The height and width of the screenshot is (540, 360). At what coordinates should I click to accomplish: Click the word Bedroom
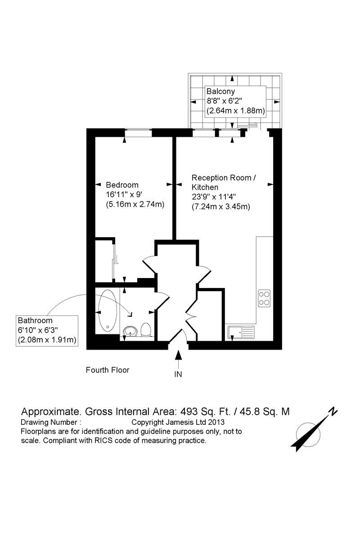click(x=122, y=185)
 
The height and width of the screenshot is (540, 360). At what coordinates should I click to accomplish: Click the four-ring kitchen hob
click(x=264, y=298)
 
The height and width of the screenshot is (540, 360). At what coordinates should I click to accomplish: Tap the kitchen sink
click(x=241, y=332)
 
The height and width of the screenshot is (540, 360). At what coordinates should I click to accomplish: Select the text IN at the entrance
click(x=178, y=374)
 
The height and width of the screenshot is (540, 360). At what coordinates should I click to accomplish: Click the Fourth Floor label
click(x=108, y=370)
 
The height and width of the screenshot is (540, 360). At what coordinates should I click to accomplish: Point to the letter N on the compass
click(x=333, y=410)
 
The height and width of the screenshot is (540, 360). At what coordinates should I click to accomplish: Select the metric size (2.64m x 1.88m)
click(x=235, y=110)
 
